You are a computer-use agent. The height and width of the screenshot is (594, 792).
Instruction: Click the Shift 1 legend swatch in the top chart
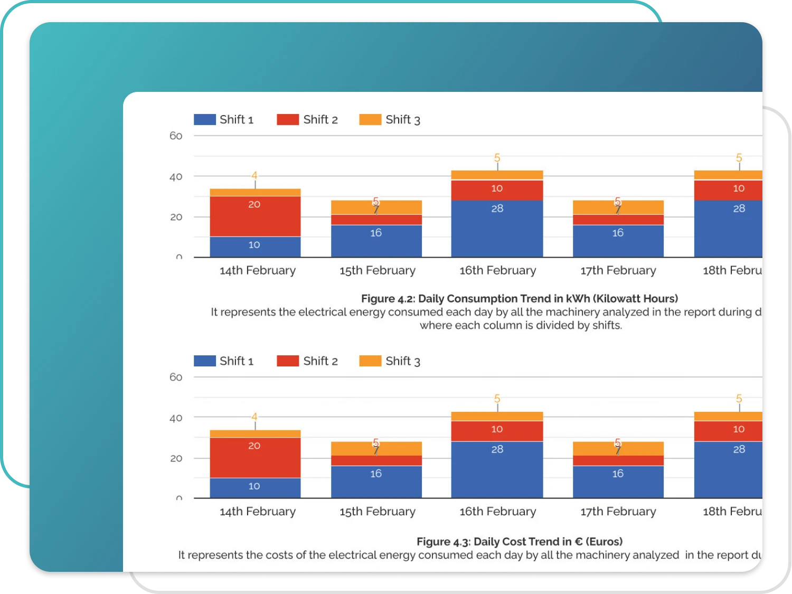point(204,120)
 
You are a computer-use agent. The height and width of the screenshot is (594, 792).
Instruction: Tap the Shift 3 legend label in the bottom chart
point(402,361)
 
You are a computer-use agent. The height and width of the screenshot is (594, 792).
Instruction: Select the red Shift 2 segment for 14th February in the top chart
point(255,216)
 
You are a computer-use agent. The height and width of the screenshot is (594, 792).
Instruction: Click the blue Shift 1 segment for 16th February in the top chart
point(497,229)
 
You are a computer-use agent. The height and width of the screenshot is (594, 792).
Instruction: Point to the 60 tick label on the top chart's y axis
point(176,136)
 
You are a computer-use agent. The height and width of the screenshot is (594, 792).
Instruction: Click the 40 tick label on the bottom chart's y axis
point(176,418)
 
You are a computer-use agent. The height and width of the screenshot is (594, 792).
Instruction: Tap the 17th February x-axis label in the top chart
point(618,270)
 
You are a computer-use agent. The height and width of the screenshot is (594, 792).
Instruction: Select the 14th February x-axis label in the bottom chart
point(258,512)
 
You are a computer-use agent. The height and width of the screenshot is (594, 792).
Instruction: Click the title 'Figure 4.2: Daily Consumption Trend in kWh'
point(520,299)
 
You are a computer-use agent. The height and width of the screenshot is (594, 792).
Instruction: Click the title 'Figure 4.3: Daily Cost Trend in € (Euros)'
point(520,542)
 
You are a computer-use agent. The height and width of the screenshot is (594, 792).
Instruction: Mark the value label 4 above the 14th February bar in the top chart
point(254,176)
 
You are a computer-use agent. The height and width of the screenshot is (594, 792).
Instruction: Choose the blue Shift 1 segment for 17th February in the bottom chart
point(618,482)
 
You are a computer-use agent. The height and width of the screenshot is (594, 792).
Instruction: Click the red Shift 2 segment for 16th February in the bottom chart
point(497,431)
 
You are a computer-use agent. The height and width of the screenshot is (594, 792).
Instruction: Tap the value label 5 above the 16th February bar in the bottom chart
point(497,399)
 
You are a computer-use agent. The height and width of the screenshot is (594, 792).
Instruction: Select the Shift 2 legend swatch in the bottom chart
point(288,361)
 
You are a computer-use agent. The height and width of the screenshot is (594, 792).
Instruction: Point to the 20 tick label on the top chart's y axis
point(176,217)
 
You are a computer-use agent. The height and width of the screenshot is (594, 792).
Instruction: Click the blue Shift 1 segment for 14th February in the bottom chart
point(255,488)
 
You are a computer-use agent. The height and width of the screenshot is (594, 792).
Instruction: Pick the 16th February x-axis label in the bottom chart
point(497,512)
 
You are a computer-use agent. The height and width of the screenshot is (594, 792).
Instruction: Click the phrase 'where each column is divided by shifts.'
point(521,325)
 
